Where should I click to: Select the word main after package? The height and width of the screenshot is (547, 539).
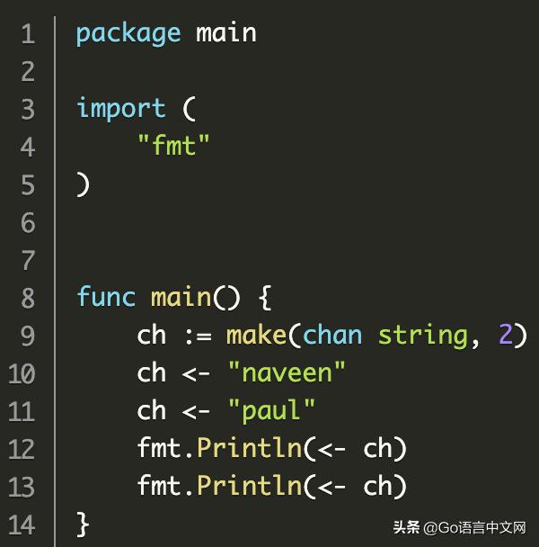pyautogui.click(x=225, y=32)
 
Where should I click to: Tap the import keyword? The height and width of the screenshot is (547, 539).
pyautogui.click(x=121, y=109)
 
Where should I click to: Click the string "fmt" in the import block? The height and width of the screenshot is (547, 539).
pyautogui.click(x=173, y=145)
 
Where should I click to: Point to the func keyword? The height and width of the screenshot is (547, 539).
pyautogui.click(x=106, y=297)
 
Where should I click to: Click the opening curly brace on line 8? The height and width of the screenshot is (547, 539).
pyautogui.click(x=266, y=297)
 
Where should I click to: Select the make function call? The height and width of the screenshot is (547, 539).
pyautogui.click(x=256, y=335)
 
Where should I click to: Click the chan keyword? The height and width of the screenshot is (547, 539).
pyautogui.click(x=332, y=335)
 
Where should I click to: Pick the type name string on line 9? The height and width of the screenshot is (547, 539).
pyautogui.click(x=422, y=336)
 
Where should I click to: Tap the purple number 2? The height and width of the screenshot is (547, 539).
pyautogui.click(x=506, y=334)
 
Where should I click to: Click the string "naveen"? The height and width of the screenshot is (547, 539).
pyautogui.click(x=287, y=372)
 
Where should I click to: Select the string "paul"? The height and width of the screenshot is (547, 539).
pyautogui.click(x=272, y=410)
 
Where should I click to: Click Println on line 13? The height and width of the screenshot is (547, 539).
pyautogui.click(x=249, y=485)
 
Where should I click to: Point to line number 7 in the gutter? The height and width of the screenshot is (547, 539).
pyautogui.click(x=28, y=260)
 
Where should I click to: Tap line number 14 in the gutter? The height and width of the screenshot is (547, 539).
pyautogui.click(x=22, y=524)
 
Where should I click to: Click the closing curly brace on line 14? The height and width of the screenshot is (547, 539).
pyautogui.click(x=83, y=524)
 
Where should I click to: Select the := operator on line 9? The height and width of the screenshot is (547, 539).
pyautogui.click(x=199, y=336)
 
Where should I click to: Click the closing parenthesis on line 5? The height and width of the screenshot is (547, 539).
pyautogui.click(x=84, y=184)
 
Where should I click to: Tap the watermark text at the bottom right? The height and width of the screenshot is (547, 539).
pyautogui.click(x=459, y=527)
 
